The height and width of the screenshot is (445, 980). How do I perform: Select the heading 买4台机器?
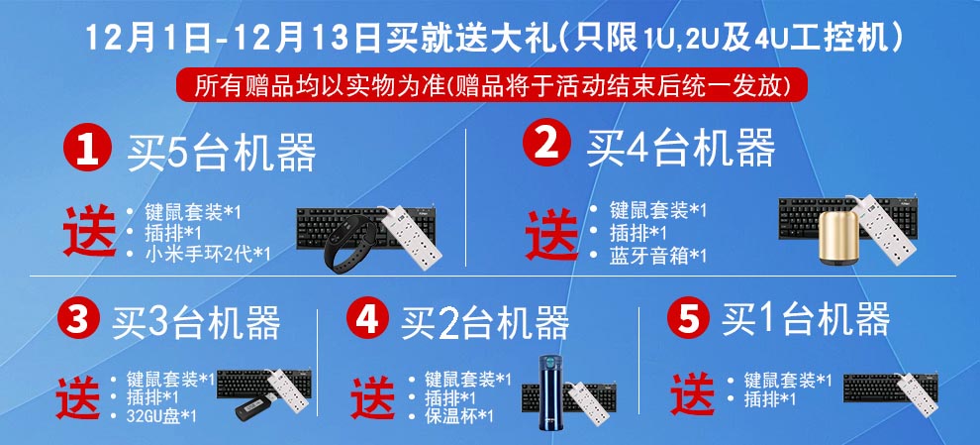click(680, 149)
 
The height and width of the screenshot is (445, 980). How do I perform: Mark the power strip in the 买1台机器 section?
click(913, 389)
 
